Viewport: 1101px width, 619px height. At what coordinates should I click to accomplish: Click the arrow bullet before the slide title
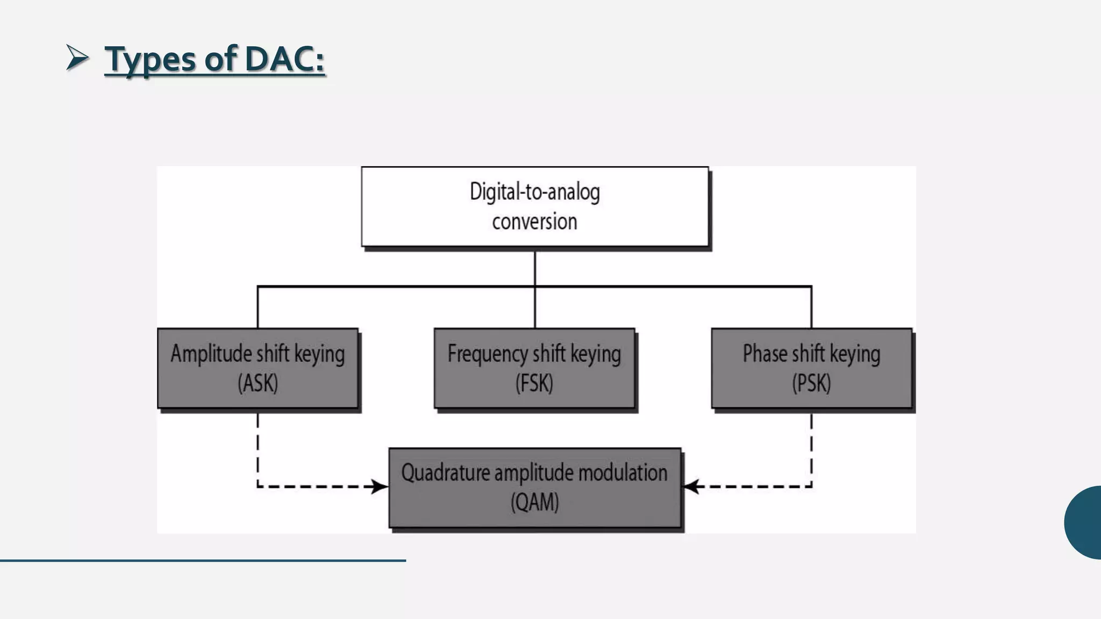pyautogui.click(x=77, y=57)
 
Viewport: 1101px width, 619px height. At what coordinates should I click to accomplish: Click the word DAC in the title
pyautogui.click(x=283, y=59)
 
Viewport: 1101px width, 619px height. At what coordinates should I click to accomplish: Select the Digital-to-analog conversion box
pyautogui.click(x=535, y=207)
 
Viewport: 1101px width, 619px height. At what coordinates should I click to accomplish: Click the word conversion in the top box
pyautogui.click(x=534, y=222)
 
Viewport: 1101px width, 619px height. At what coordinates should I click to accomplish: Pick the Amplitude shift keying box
pyautogui.click(x=258, y=369)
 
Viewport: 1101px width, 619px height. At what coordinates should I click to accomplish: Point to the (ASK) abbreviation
pyautogui.click(x=258, y=384)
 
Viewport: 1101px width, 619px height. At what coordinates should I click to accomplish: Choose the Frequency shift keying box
pyautogui.click(x=534, y=369)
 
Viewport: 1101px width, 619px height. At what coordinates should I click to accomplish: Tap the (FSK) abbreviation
pyautogui.click(x=534, y=384)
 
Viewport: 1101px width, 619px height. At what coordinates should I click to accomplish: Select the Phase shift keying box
pyautogui.click(x=811, y=369)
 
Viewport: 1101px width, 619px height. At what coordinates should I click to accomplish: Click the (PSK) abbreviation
pyautogui.click(x=811, y=384)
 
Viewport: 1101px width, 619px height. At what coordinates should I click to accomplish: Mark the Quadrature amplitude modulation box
pyautogui.click(x=535, y=488)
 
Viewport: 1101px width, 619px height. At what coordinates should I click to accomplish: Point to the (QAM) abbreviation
pyautogui.click(x=535, y=503)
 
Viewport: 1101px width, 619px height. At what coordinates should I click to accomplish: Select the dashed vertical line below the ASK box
pyautogui.click(x=258, y=449)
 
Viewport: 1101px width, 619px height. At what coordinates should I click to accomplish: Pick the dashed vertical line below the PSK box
pyautogui.click(x=811, y=449)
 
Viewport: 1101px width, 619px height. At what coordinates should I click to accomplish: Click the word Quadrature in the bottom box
pyautogui.click(x=446, y=473)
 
